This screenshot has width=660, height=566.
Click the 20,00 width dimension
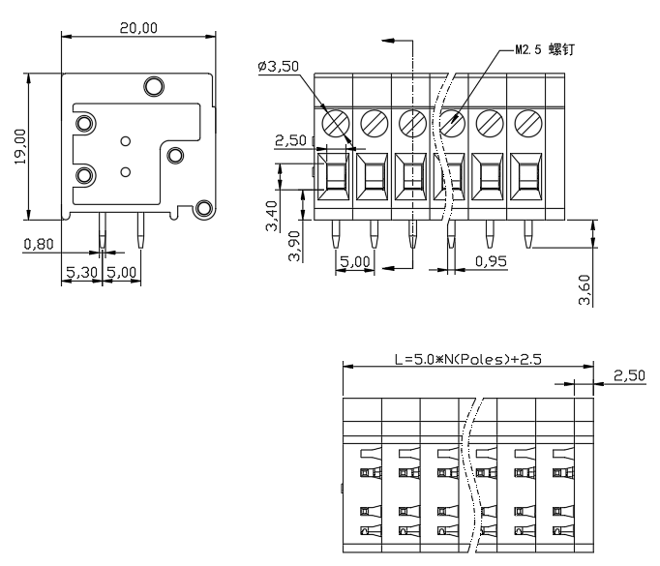(138, 28)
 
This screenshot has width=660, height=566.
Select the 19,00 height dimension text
(20, 146)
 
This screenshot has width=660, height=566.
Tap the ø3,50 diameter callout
(279, 66)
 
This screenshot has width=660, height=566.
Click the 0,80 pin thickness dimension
(39, 244)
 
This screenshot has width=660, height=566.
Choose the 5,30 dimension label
(82, 272)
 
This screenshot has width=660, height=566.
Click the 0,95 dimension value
(491, 261)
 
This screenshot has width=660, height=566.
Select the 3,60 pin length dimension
(585, 289)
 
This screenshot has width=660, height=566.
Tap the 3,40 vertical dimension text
(272, 216)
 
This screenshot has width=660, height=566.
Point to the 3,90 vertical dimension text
(294, 246)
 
